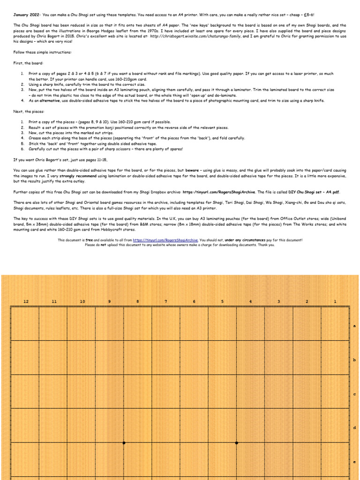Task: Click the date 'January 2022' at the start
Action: tap(26, 15)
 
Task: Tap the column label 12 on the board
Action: tap(26, 301)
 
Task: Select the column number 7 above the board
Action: tap(165, 301)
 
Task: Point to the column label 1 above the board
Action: tap(335, 301)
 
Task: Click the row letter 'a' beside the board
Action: tap(354, 325)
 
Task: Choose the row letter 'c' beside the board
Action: tap(354, 394)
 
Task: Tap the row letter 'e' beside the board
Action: tap(354, 462)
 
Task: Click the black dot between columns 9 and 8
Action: tap(124, 442)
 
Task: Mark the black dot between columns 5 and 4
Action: tap(236, 442)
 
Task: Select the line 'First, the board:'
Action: tap(29, 63)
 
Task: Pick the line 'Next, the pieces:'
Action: tap(30, 112)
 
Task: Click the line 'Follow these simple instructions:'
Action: tap(43, 52)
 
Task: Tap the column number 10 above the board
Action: tap(82, 301)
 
